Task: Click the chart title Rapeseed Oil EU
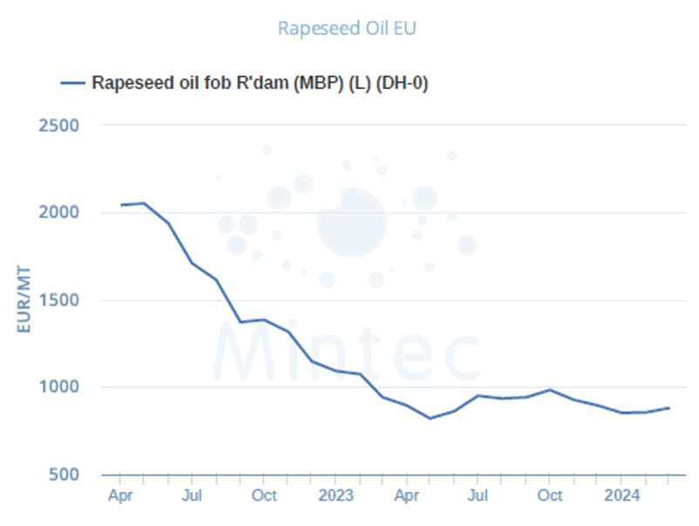click(x=347, y=28)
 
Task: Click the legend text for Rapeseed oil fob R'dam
click(x=260, y=83)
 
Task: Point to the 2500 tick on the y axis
click(x=59, y=125)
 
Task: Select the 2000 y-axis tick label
click(x=59, y=212)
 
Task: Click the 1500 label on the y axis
click(x=59, y=300)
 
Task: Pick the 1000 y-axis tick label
click(x=59, y=387)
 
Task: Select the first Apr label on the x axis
click(x=120, y=495)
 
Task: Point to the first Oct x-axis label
click(x=264, y=495)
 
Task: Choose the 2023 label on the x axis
click(x=336, y=495)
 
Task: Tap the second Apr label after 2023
click(x=406, y=495)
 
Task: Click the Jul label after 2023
click(x=477, y=495)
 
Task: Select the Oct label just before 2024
click(x=549, y=495)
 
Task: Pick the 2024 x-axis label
click(x=621, y=495)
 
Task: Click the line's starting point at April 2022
click(x=120, y=205)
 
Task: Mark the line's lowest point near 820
click(x=430, y=418)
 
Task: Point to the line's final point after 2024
click(x=669, y=407)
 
